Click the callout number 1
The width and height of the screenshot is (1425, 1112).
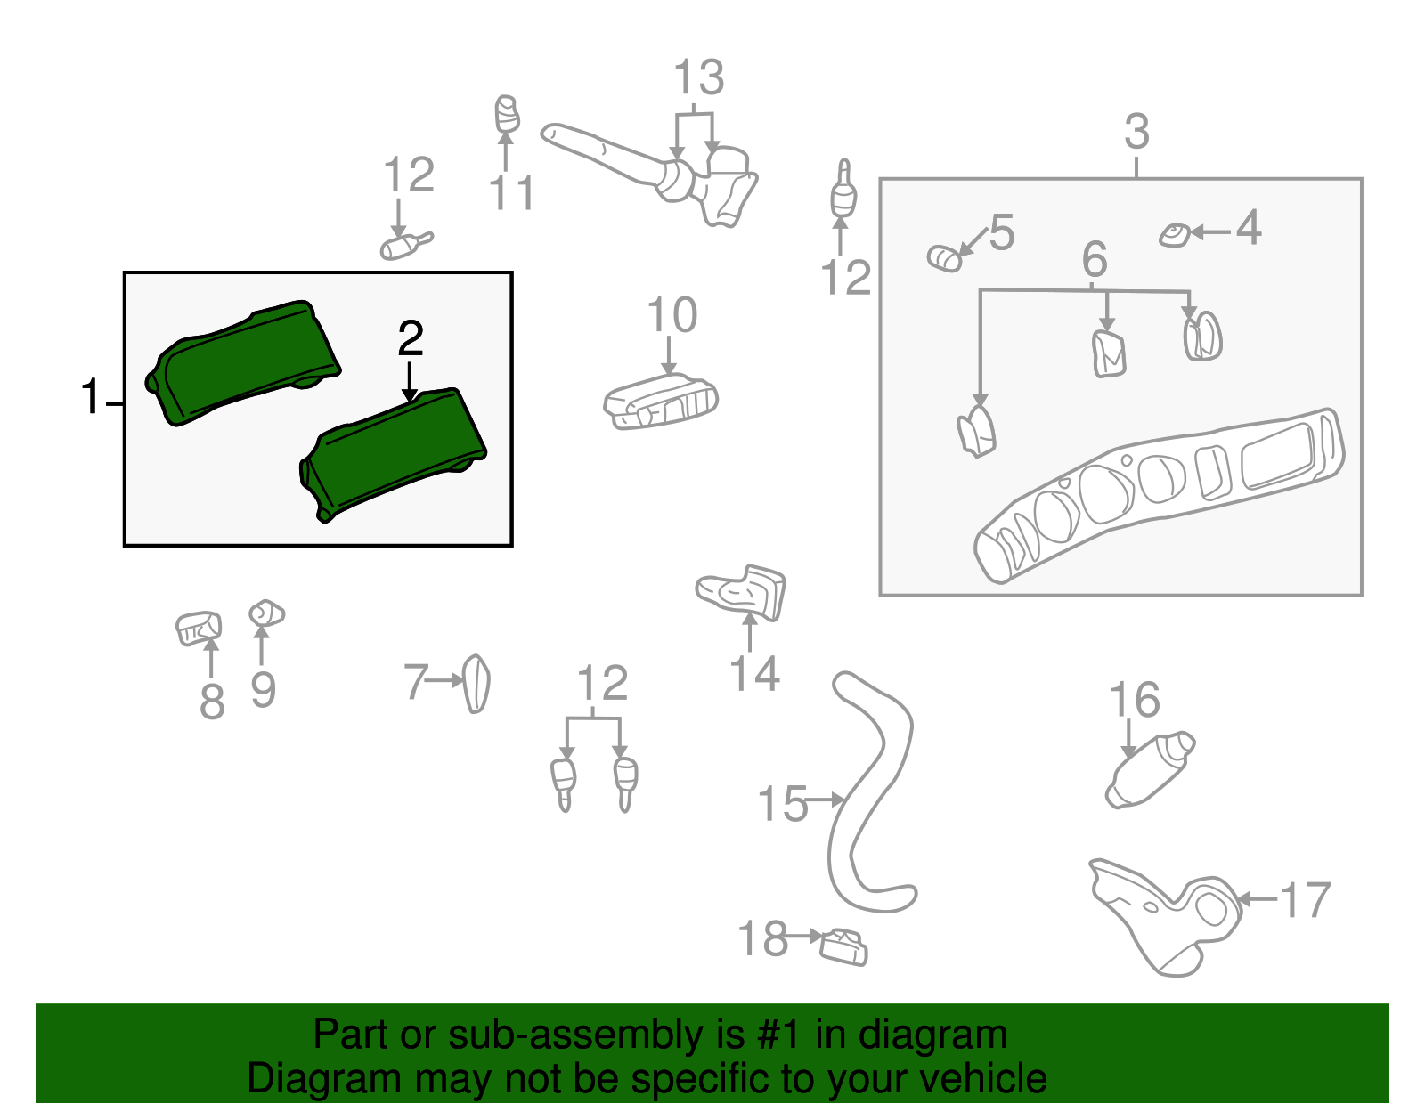(91, 396)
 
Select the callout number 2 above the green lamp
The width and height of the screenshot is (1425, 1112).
(411, 338)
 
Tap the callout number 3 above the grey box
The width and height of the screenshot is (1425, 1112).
(1136, 131)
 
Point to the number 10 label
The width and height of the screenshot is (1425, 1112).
(672, 315)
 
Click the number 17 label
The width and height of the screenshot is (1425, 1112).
(1306, 900)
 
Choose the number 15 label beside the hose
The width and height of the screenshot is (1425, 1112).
(782, 804)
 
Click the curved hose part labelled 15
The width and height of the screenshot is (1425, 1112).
(869, 793)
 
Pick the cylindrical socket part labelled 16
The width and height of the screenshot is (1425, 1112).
(1150, 770)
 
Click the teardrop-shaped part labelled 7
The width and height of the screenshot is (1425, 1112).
(476, 684)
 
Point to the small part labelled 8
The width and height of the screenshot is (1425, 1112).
(198, 629)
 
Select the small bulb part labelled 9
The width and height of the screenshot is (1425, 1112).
(266, 613)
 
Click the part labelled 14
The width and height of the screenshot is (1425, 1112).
(742, 592)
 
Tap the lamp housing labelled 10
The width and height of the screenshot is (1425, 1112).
(660, 401)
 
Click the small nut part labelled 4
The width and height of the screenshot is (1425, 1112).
(1175, 235)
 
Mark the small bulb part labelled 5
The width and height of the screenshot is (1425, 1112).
(944, 258)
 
